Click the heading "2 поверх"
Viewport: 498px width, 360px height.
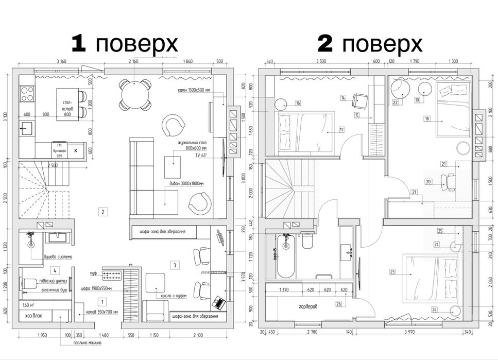[370, 44]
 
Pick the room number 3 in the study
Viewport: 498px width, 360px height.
[175, 265]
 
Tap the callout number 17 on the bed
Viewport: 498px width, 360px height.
[341, 130]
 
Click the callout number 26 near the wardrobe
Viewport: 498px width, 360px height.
[338, 304]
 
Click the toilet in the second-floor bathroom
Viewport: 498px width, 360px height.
[308, 242]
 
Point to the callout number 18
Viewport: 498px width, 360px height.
[427, 118]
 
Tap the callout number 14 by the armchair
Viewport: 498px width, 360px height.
[342, 97]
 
